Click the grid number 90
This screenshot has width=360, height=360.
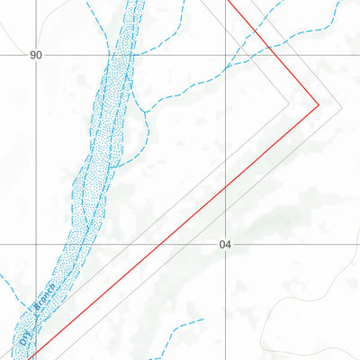coord(36,56)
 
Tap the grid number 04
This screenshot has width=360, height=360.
coord(225,245)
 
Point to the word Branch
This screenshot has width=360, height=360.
coord(45,300)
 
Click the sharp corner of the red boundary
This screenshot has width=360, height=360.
coord(319,105)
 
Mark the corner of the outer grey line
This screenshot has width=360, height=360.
coord(343,105)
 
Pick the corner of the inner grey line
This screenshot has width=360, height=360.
coord(291,105)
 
